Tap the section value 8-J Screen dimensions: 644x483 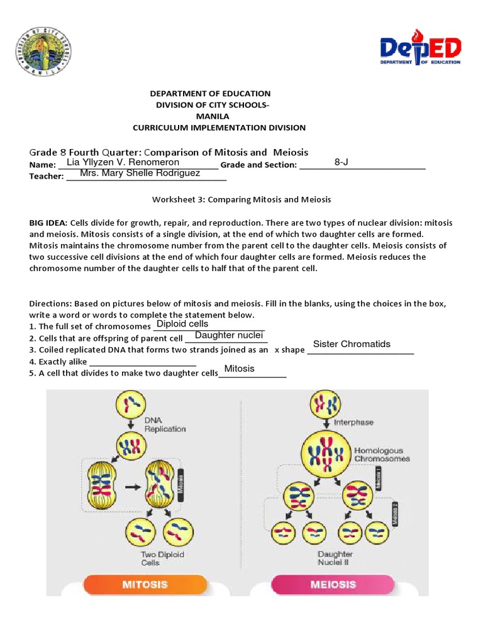point(341,162)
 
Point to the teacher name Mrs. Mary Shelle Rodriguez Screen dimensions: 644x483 point(140,173)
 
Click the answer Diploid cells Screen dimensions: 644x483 point(182,324)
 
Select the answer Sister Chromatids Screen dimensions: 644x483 point(352,344)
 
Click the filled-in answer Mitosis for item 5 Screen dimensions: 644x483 point(240,369)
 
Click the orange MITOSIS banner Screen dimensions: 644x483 point(146,584)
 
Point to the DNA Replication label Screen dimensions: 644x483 point(165,425)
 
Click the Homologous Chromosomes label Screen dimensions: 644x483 point(382,455)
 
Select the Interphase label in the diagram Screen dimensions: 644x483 point(353,423)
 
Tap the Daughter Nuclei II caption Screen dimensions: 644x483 point(335,558)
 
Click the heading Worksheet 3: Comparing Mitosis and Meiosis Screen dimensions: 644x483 point(241,199)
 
